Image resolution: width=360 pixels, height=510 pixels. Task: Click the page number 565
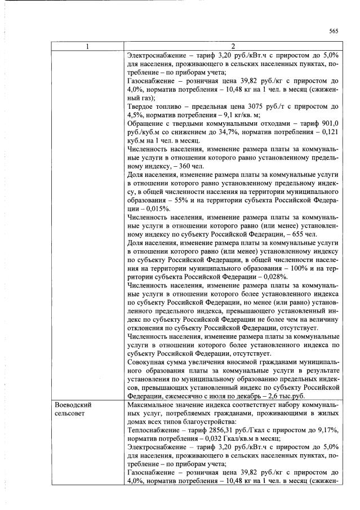pos(334,31)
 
